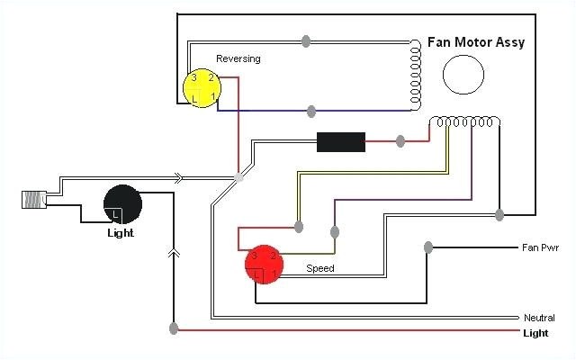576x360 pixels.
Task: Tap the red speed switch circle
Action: [264, 265]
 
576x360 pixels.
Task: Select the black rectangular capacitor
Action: [341, 142]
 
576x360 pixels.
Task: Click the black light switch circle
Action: [123, 204]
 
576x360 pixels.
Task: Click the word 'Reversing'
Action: [238, 59]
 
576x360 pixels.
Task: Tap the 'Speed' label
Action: [320, 268]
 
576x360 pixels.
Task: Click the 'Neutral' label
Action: [539, 318]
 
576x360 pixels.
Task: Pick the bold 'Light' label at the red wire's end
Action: [535, 333]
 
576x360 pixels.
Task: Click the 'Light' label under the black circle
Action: [120, 233]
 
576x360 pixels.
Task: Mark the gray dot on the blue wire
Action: [311, 112]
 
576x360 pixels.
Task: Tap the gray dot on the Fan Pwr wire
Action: [428, 247]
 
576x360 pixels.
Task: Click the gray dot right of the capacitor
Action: [400, 141]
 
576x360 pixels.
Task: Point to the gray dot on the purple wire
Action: [335, 232]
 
